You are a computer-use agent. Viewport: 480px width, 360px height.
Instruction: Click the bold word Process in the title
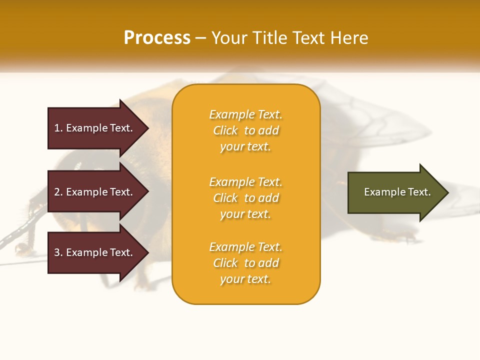(157, 38)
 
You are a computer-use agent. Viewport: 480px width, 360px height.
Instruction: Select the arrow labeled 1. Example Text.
(95, 128)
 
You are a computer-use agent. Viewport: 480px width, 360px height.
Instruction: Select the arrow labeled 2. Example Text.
(95, 192)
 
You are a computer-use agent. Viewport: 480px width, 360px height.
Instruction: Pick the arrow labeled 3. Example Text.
(95, 252)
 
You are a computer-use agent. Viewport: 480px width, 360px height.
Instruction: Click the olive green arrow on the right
(395, 192)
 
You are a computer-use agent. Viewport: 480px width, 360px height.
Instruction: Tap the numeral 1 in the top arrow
(57, 128)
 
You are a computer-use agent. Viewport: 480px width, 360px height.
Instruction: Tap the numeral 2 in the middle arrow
(57, 192)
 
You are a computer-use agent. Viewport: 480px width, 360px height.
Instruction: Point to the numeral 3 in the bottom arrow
(57, 252)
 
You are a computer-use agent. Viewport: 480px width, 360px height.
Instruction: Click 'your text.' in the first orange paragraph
(245, 147)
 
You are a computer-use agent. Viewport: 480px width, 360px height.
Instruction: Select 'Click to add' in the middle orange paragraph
(246, 198)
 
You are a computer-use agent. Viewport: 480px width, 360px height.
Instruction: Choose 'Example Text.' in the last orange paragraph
(246, 247)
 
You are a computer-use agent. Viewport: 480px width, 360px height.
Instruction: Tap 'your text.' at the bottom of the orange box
(245, 279)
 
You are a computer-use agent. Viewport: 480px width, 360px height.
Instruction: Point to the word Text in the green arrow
(419, 192)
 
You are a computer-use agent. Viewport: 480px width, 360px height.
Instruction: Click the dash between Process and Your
(201, 38)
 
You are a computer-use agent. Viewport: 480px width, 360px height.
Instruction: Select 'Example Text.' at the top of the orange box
(246, 114)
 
